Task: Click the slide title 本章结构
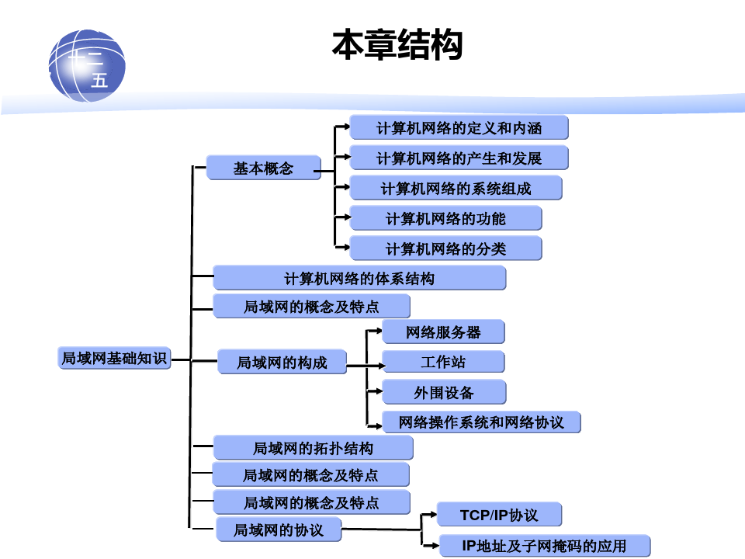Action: pyautogui.click(x=397, y=45)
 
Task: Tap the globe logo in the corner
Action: pyautogui.click(x=87, y=65)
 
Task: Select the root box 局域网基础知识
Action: pyautogui.click(x=114, y=358)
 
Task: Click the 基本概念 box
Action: pyautogui.click(x=263, y=168)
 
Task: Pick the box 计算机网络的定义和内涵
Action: pyautogui.click(x=459, y=127)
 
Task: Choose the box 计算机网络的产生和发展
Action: pyautogui.click(x=459, y=158)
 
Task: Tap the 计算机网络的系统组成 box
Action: pyautogui.click(x=456, y=188)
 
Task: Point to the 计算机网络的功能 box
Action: pyautogui.click(x=445, y=218)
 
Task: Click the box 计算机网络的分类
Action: pyautogui.click(x=445, y=248)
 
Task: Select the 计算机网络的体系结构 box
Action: pyautogui.click(x=359, y=278)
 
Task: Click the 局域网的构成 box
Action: pyautogui.click(x=282, y=362)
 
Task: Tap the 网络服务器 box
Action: pyautogui.click(x=443, y=332)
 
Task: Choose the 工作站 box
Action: pyautogui.click(x=443, y=362)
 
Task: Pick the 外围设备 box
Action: pyautogui.click(x=443, y=392)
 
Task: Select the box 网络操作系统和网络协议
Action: pyautogui.click(x=481, y=422)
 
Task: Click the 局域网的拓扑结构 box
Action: pyautogui.click(x=313, y=448)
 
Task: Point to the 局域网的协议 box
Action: pyautogui.click(x=278, y=529)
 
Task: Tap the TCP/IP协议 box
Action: pyautogui.click(x=499, y=515)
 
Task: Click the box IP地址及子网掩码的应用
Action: pyautogui.click(x=544, y=546)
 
